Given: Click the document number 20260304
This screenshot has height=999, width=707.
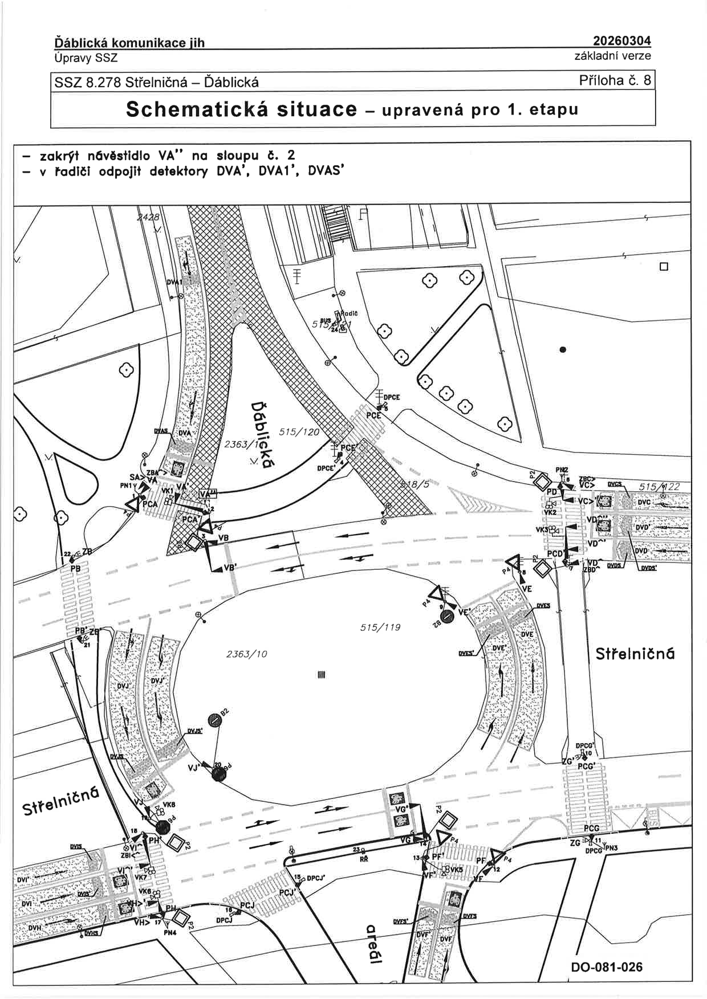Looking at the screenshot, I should (621, 41).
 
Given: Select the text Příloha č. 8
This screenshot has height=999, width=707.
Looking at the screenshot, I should (615, 80).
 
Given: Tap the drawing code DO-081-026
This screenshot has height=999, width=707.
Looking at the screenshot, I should (606, 967).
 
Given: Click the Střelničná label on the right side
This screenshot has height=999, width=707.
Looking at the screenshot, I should (635, 654).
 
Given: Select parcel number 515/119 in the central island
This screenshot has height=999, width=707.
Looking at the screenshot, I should (380, 627).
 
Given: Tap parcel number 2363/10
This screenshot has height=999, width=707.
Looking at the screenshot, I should (246, 654).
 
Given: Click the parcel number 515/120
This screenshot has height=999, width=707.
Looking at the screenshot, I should (299, 432).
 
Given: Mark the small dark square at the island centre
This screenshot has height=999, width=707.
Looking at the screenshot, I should (321, 675).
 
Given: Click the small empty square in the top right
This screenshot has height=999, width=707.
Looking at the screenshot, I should (663, 267).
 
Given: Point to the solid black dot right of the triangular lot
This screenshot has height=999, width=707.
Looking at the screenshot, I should (563, 350).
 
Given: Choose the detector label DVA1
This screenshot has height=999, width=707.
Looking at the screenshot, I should (173, 283).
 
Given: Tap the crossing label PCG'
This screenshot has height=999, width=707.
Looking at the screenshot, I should (586, 766).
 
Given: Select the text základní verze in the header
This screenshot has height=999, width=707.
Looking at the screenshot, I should (612, 56).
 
